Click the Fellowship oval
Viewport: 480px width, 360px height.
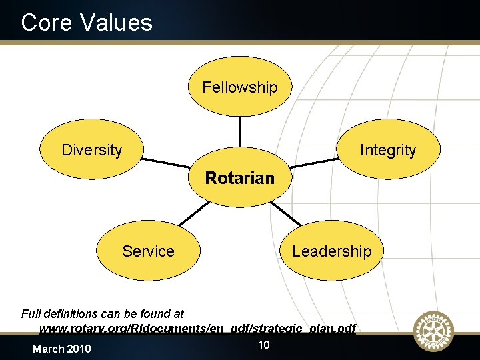click(x=239, y=87)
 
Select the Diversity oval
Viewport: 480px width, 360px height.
click(x=92, y=150)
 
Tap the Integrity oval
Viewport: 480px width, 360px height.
click(x=387, y=150)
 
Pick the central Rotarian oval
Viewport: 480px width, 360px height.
click(x=239, y=178)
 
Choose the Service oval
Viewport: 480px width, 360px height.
click(x=148, y=251)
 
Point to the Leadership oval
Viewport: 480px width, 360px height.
click(x=331, y=251)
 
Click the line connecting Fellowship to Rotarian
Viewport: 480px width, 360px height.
click(x=239, y=135)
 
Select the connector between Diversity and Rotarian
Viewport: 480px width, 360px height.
click(x=165, y=163)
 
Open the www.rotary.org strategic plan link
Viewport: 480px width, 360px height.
click(x=197, y=329)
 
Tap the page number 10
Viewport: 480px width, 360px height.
click(x=263, y=345)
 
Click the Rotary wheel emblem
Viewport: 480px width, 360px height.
click(x=433, y=331)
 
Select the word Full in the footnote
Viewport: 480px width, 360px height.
click(x=31, y=313)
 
